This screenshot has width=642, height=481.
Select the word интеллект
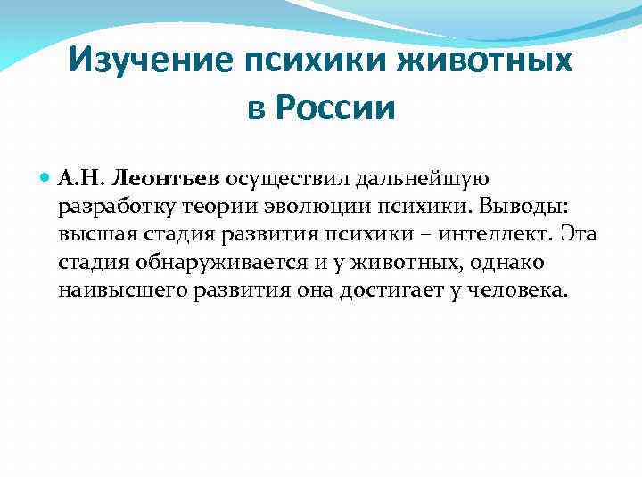[x=506, y=235]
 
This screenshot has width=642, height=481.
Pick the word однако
[x=513, y=264]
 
